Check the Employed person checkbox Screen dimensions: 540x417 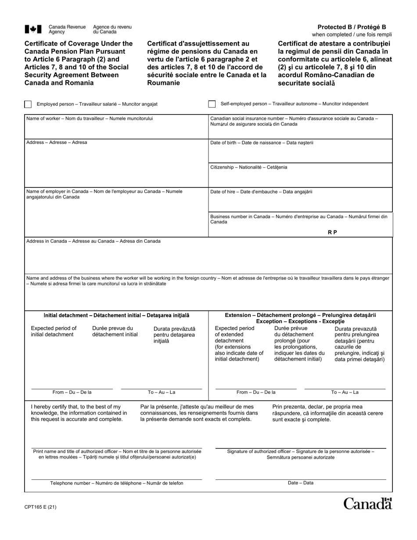point(28,104)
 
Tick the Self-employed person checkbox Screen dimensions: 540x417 point(212,104)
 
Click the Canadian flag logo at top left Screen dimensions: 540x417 point(33,29)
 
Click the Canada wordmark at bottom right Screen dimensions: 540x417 point(367,504)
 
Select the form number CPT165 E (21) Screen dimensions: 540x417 point(40,507)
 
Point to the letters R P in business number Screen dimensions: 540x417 point(332,232)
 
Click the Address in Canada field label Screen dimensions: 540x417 point(93,241)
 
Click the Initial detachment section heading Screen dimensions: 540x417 point(116,315)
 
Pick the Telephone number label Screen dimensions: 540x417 point(117,483)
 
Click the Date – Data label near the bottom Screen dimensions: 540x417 point(301,483)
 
